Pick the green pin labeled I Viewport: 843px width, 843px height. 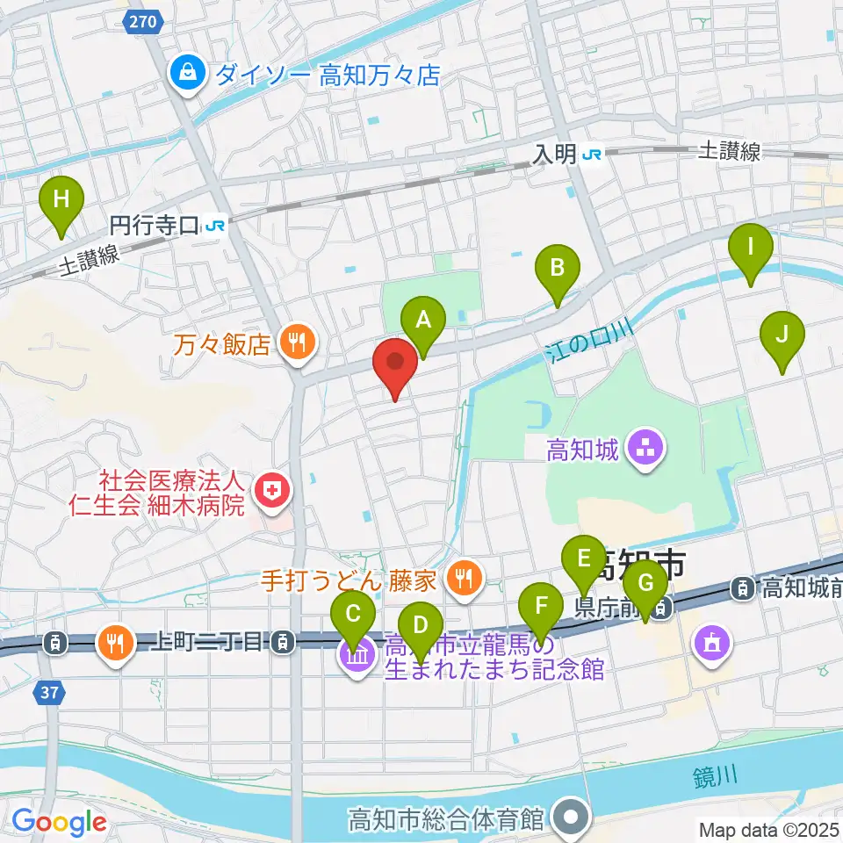point(750,249)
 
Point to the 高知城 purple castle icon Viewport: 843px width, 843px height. point(648,450)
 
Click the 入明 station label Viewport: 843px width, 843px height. point(556,155)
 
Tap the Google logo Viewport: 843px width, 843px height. point(59,823)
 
